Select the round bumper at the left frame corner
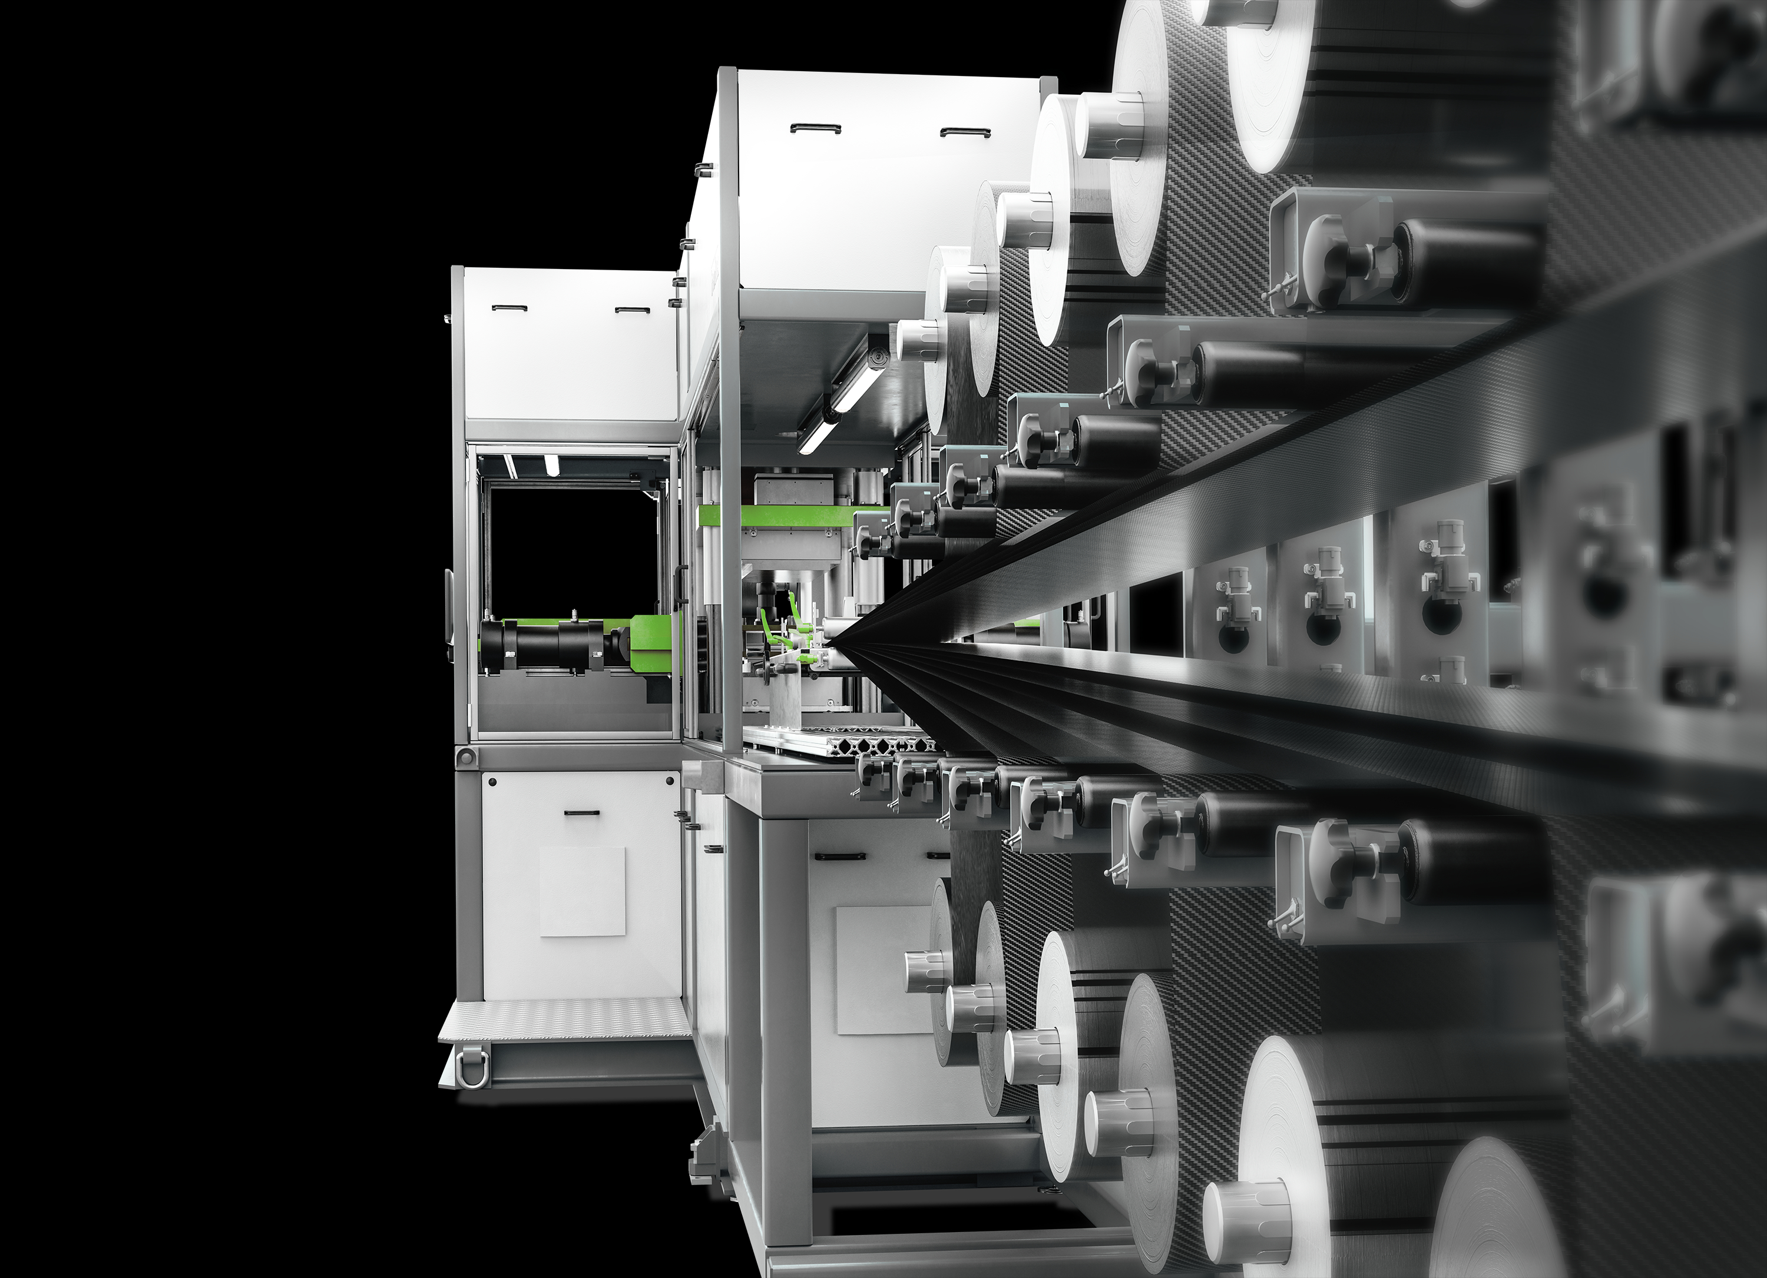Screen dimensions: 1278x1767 [x=465, y=756]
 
